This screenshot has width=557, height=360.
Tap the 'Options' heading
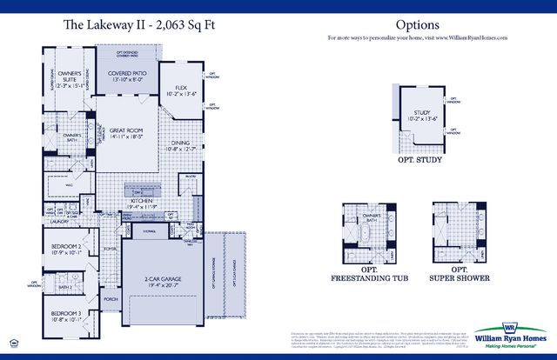coord(417,26)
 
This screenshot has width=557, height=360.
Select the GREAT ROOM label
coord(126,131)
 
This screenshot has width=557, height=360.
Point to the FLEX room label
coord(181,88)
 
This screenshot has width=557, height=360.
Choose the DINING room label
coord(181,143)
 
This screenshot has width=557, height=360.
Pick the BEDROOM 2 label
coord(67,249)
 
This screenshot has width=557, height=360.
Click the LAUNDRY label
coord(59,222)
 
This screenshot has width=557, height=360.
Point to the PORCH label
coord(111,298)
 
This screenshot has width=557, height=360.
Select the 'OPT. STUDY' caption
coord(417,160)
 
